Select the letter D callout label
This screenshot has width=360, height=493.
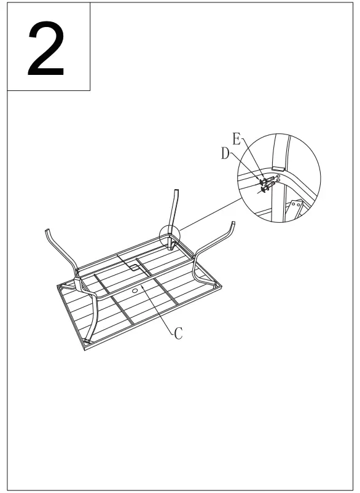225,153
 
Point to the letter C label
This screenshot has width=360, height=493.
178,333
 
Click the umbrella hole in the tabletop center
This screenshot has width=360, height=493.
134,287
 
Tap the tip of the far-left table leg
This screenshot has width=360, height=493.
47,232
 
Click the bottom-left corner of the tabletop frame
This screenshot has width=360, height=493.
84,349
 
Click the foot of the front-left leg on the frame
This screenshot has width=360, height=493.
88,340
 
